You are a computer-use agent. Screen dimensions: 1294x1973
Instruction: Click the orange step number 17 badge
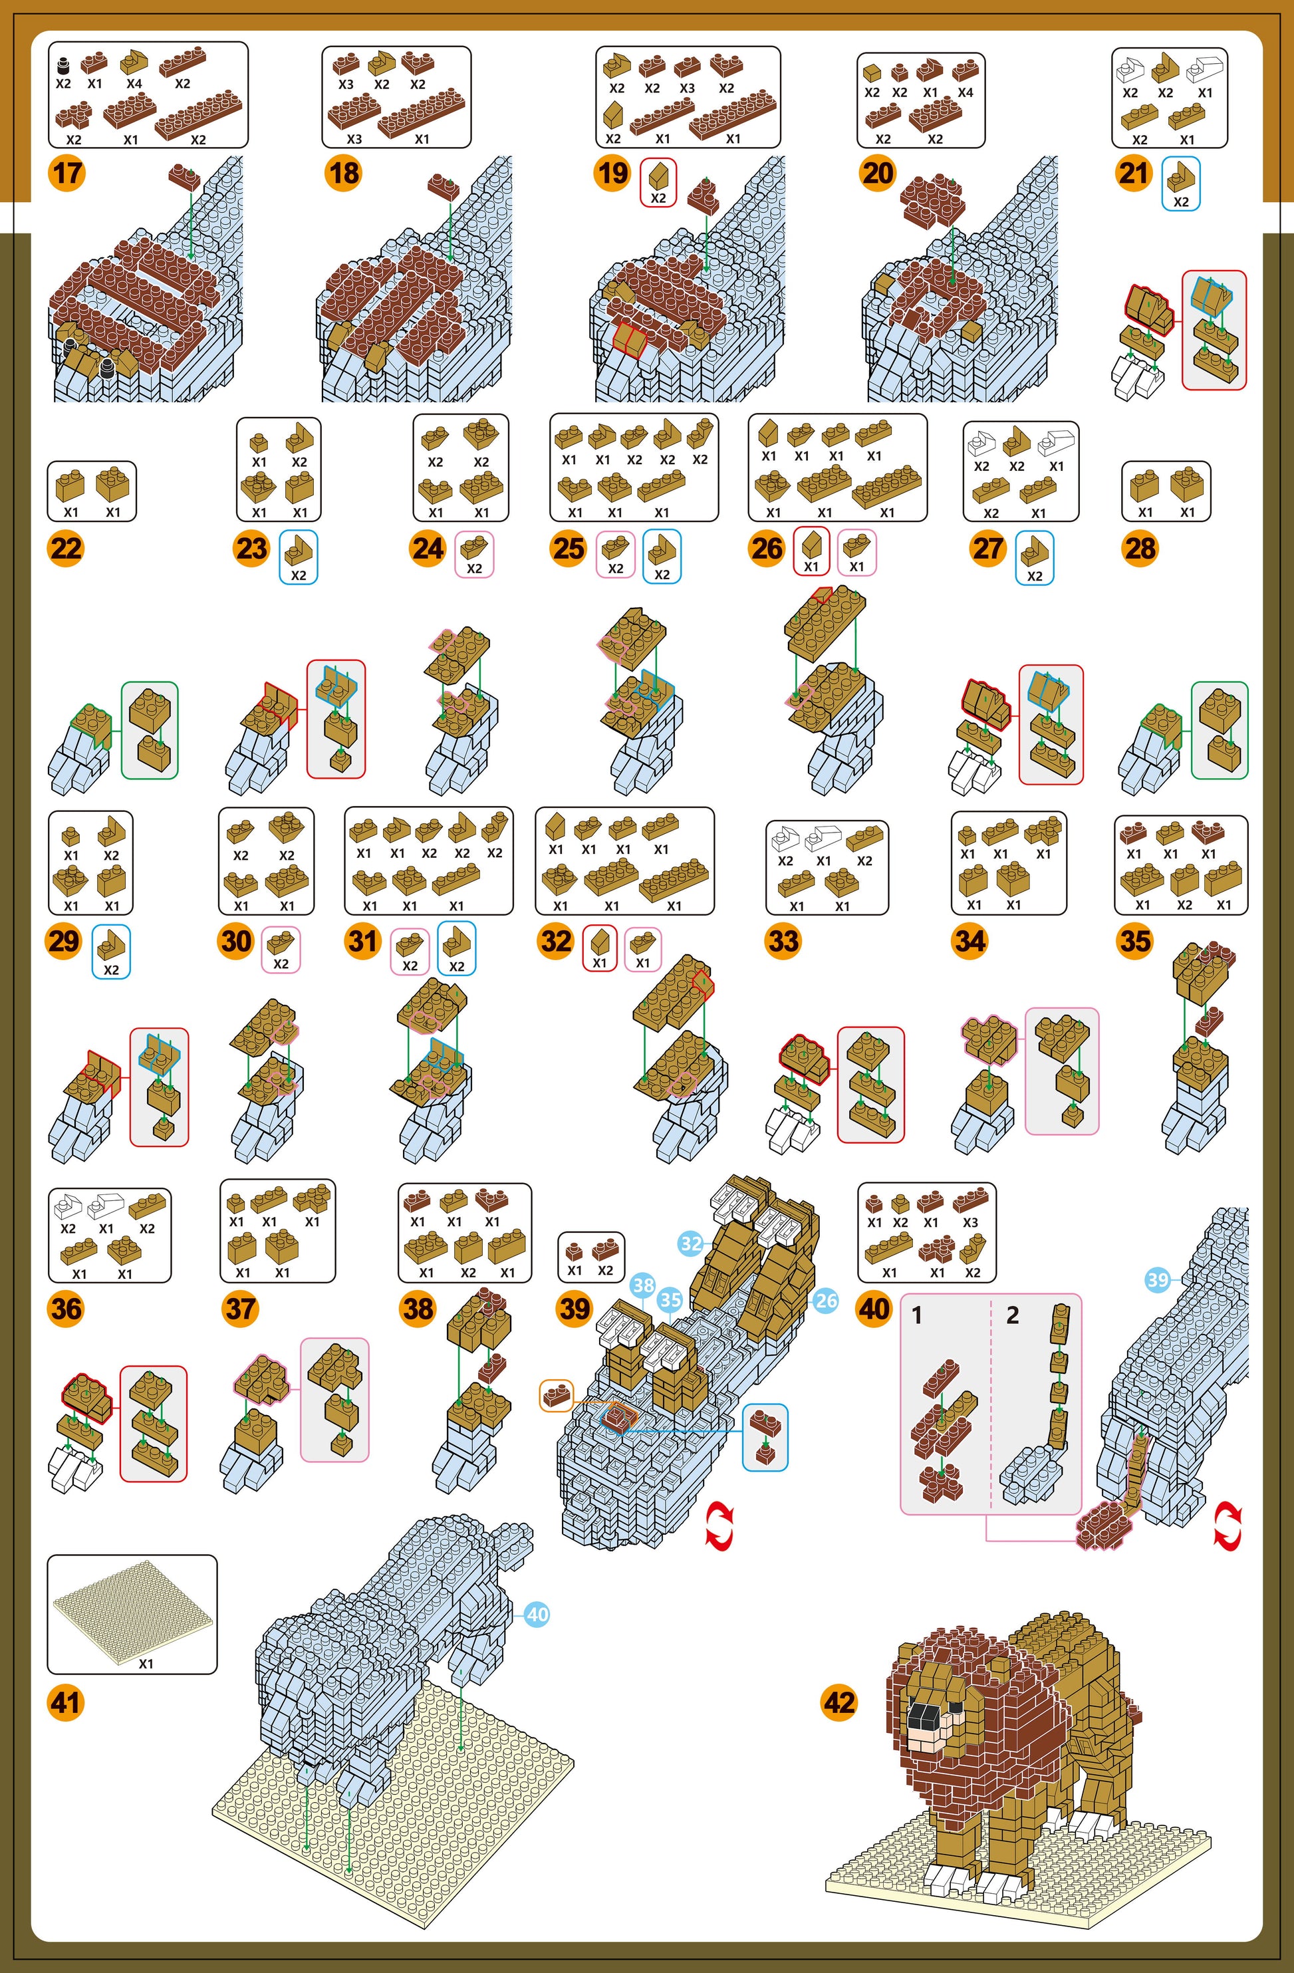coord(67,174)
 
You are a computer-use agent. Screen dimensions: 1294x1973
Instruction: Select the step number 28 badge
coord(1140,548)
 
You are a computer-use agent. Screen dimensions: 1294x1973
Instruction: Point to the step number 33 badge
coord(783,941)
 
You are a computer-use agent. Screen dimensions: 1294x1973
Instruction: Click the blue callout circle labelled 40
coord(537,1614)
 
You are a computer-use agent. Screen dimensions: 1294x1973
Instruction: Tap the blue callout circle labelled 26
coord(826,1301)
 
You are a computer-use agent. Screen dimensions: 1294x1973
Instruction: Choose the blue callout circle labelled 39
coord(1157,1279)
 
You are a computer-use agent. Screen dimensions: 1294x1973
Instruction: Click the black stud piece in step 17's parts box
coord(63,65)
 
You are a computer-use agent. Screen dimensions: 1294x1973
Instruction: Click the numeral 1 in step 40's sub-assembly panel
coord(917,1315)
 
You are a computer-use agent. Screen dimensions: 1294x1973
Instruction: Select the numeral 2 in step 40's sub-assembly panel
coord(1012,1315)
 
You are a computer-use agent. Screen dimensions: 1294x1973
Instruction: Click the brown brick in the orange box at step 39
coord(555,1395)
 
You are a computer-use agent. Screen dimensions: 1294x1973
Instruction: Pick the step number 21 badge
coord(1134,174)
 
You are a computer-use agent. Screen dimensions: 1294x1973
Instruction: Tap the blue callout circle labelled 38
coord(643,1286)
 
